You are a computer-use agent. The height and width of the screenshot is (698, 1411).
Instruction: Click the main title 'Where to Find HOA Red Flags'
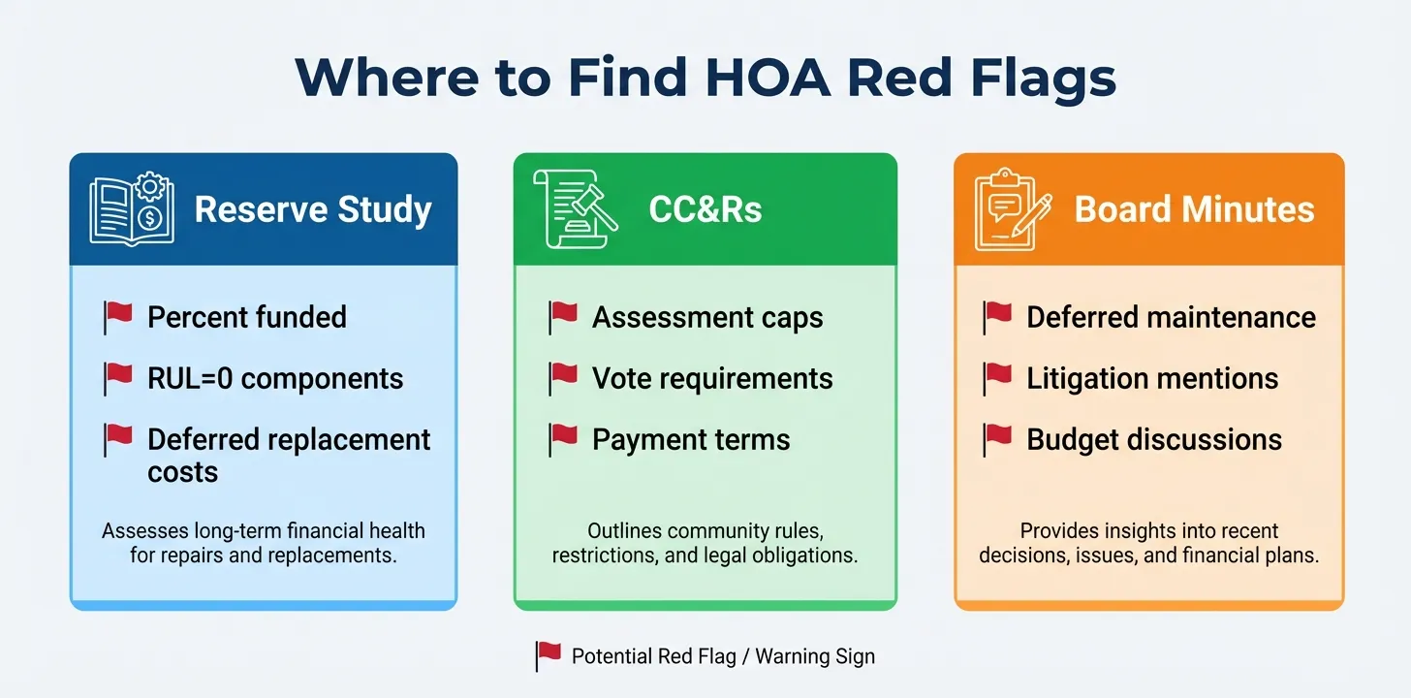click(705, 77)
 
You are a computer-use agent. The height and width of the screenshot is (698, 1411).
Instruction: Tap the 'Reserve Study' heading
click(312, 209)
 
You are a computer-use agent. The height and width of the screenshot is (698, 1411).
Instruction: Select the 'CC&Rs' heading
click(705, 209)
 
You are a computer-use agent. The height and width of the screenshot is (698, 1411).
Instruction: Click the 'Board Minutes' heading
click(1194, 209)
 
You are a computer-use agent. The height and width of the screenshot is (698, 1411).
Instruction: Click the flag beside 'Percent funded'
click(118, 316)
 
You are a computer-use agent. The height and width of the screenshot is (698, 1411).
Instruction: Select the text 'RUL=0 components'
click(275, 378)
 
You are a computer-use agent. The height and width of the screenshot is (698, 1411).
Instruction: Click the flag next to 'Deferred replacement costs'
click(118, 439)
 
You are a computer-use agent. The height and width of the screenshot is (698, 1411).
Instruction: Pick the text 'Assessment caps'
click(707, 317)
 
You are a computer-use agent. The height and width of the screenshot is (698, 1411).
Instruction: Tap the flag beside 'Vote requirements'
click(563, 377)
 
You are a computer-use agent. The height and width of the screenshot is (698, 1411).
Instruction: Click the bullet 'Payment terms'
click(691, 439)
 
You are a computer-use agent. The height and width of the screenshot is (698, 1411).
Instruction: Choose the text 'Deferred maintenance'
click(1171, 317)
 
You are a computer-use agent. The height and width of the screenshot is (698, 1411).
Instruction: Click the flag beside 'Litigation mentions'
click(997, 377)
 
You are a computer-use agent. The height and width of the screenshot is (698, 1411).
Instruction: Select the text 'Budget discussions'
click(1154, 439)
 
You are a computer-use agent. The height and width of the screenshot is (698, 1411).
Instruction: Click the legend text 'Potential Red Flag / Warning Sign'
click(723, 656)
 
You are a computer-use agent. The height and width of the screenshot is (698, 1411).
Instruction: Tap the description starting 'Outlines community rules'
click(705, 543)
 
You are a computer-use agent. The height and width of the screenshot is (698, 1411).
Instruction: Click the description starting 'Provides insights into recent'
click(1148, 543)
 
